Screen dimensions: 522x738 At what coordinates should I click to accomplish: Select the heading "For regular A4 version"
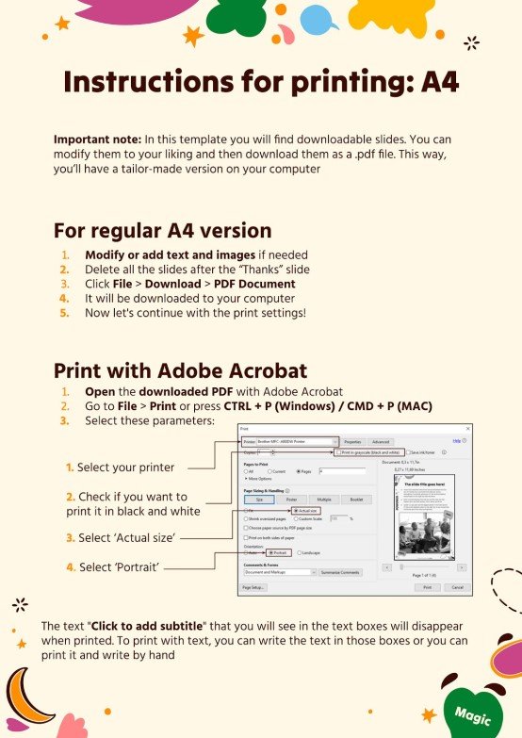point(162,230)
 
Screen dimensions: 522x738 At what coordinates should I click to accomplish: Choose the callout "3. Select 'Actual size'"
point(122,537)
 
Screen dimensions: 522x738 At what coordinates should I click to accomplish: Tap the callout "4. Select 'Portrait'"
point(112,566)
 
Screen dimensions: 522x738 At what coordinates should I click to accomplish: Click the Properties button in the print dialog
point(353,441)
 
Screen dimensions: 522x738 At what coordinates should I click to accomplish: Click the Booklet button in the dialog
point(356,499)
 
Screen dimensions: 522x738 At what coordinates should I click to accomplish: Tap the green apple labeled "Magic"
point(471,712)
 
